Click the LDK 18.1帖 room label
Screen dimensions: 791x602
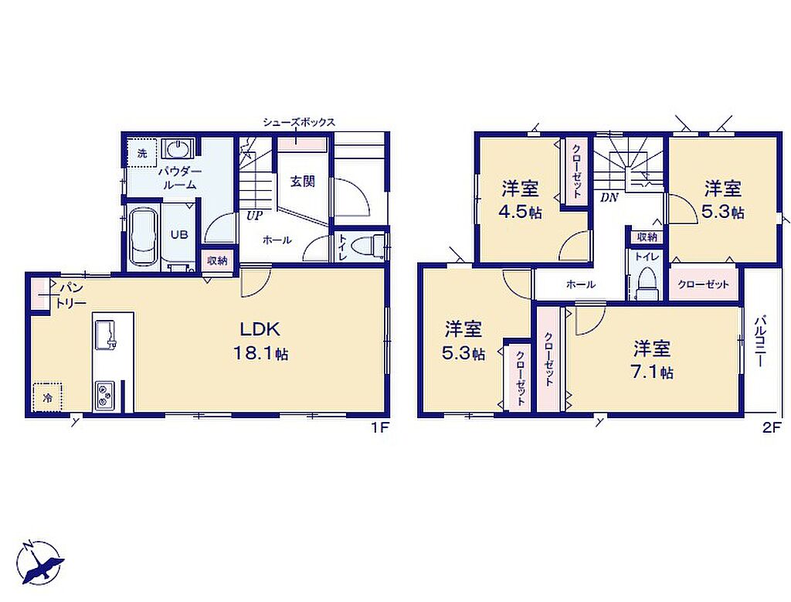click(x=260, y=341)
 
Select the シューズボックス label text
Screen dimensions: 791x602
click(x=299, y=122)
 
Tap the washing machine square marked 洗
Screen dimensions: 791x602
click(x=142, y=153)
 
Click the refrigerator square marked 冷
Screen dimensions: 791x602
click(x=48, y=398)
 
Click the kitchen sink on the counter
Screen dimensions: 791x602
click(x=105, y=334)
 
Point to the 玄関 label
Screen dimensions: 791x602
click(x=303, y=182)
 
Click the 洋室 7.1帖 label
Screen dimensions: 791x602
click(x=653, y=359)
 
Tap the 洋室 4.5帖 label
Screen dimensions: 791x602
click(x=520, y=199)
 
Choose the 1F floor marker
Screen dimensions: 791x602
click(x=379, y=428)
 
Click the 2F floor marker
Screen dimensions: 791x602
click(x=772, y=428)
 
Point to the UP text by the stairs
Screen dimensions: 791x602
click(x=254, y=216)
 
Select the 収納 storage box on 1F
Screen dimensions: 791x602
click(x=217, y=261)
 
